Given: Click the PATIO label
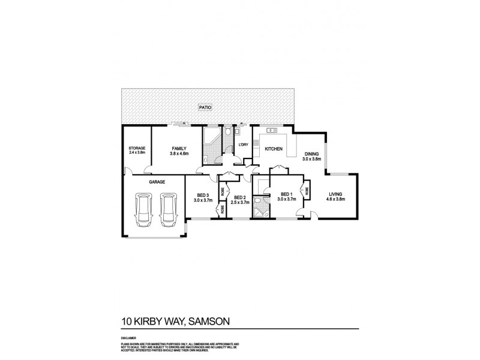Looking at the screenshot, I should tap(206, 108).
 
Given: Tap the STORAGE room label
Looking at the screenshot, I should tap(137, 148).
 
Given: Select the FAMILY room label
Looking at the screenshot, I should tap(178, 148).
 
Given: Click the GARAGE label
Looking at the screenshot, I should tap(157, 181).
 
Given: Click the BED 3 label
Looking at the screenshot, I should tap(203, 194).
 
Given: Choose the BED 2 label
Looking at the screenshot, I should tap(239, 197).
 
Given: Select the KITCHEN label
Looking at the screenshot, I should tap(274, 148).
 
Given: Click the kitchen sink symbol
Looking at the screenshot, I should tap(271, 130).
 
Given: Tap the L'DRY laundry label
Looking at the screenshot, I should tap(243, 145).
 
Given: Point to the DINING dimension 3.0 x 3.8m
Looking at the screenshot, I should tap(311, 159).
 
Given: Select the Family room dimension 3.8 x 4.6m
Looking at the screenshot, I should tap(178, 154).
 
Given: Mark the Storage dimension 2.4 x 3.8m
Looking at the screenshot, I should tap(137, 153).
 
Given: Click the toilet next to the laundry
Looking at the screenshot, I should tap(229, 133).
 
